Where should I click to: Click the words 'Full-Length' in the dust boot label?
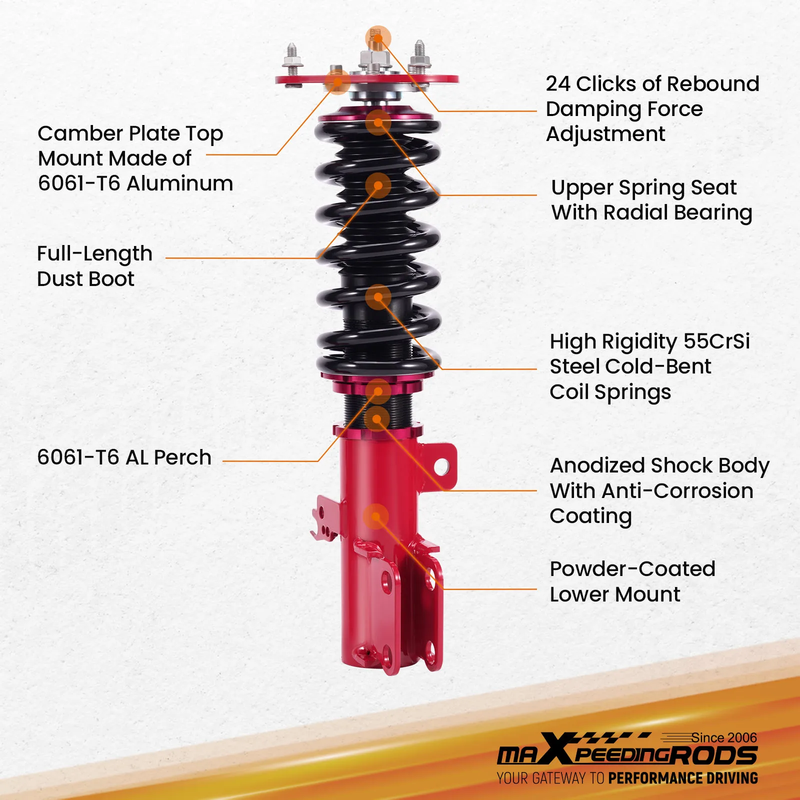point(94,254)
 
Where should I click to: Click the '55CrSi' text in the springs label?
point(716,341)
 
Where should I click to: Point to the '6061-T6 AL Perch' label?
point(124,457)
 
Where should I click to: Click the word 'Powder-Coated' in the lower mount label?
point(632,569)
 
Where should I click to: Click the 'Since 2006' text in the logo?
point(723,737)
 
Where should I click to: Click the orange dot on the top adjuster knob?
point(378,38)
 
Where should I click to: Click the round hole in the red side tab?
point(441,466)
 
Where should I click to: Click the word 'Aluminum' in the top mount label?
point(179,183)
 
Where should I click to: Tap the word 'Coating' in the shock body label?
point(590,516)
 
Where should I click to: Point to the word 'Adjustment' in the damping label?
point(605,134)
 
